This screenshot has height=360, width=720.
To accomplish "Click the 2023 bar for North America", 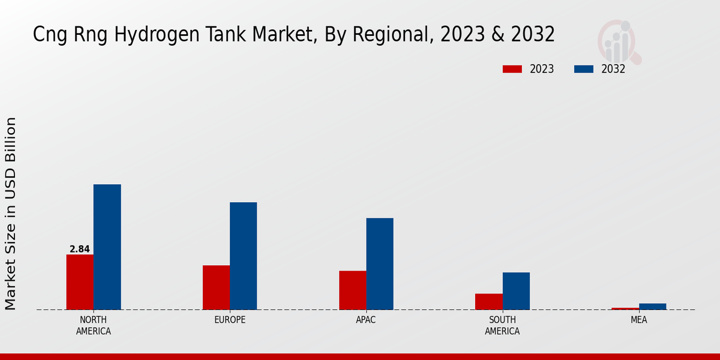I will pyautogui.click(x=80, y=282).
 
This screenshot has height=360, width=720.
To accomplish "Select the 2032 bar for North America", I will pyautogui.click(x=107, y=247).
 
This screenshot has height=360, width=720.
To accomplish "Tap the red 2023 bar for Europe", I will pyautogui.click(x=216, y=287).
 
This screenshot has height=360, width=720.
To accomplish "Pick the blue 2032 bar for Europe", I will pyautogui.click(x=243, y=256).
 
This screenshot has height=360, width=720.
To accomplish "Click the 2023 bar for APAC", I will pyautogui.click(x=352, y=290).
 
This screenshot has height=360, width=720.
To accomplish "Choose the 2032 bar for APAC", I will pyautogui.click(x=380, y=264).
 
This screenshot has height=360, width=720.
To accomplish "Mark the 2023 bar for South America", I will pyautogui.click(x=488, y=302).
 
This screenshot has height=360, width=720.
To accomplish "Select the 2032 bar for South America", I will pyautogui.click(x=516, y=291).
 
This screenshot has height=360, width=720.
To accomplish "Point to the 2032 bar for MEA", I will pyautogui.click(x=652, y=307).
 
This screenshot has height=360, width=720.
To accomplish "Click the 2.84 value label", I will pyautogui.click(x=80, y=249).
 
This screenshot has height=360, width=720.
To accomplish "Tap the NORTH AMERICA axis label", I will pyautogui.click(x=94, y=325).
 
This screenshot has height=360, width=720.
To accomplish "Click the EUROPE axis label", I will pyautogui.click(x=230, y=320).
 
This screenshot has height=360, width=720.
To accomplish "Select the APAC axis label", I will pyautogui.click(x=366, y=320).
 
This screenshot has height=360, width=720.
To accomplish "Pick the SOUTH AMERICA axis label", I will pyautogui.click(x=502, y=325).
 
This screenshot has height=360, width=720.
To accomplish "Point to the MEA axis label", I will pyautogui.click(x=638, y=320).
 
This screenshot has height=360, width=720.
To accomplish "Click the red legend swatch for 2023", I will pyautogui.click(x=512, y=69).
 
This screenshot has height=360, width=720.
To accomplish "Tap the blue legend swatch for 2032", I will pyautogui.click(x=583, y=69).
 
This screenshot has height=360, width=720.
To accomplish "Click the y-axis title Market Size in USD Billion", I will pyautogui.click(x=11, y=214).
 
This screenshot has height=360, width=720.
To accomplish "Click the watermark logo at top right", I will pyautogui.click(x=619, y=41).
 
